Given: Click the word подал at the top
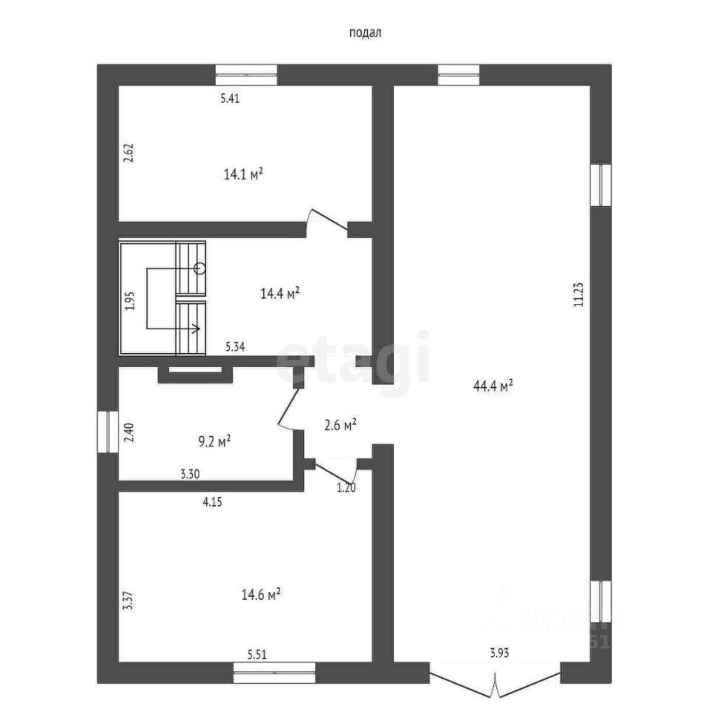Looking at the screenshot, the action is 364,32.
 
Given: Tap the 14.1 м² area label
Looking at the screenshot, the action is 244,174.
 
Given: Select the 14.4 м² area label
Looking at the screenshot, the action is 280,294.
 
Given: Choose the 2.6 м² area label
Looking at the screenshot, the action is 340,424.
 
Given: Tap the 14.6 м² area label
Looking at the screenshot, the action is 261,595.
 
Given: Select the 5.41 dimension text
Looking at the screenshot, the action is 231,98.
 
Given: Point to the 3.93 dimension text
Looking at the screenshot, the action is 500,652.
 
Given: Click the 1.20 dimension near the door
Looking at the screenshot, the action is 347,487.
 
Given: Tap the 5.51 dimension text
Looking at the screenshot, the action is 258,654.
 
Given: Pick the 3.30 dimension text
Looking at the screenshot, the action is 191,476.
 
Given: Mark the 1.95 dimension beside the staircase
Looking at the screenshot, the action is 129,302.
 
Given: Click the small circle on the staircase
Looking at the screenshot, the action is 199,268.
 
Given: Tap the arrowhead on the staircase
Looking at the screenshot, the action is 197,329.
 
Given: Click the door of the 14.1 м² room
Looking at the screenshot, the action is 327,222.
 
